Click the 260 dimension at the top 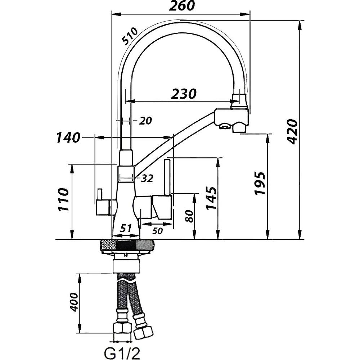[181, 5]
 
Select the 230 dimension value [184, 94]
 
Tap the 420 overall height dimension [293, 131]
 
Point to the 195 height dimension [260, 183]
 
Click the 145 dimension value [211, 198]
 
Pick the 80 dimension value [189, 216]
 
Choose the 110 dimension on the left [63, 200]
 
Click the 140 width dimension [68, 138]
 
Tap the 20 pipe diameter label [145, 121]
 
